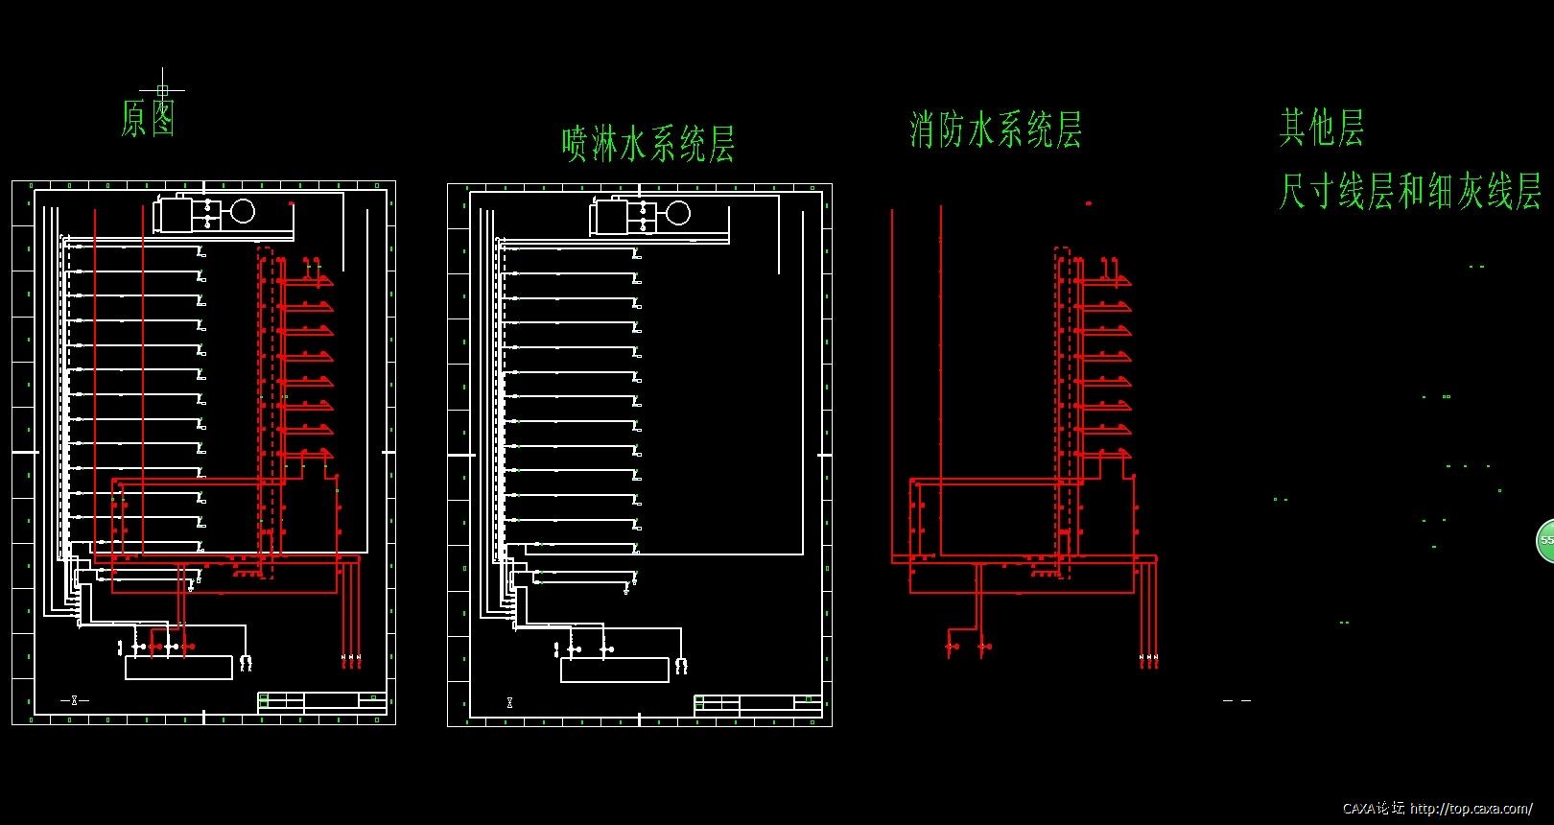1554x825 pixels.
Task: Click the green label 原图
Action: click(149, 118)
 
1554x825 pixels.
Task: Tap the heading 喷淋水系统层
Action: click(647, 144)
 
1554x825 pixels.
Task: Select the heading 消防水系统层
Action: click(996, 130)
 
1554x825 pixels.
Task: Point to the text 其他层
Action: click(1321, 127)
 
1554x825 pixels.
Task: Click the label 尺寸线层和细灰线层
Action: click(1409, 191)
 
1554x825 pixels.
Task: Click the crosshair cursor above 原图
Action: click(162, 90)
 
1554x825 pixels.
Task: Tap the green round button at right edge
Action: click(1545, 540)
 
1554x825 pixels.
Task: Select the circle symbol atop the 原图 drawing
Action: click(243, 211)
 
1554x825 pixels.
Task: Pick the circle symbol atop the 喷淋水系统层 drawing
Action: click(678, 213)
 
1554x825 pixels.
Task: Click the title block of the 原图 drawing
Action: click(321, 701)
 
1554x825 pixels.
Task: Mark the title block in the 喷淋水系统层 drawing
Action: click(757, 705)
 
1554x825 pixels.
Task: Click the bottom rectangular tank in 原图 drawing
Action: click(178, 668)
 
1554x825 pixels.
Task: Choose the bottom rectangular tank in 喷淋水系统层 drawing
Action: click(614, 670)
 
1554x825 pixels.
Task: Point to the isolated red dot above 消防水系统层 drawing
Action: click(1088, 203)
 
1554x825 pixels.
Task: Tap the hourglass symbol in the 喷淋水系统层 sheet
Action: click(509, 703)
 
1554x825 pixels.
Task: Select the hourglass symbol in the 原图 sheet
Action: click(74, 700)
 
